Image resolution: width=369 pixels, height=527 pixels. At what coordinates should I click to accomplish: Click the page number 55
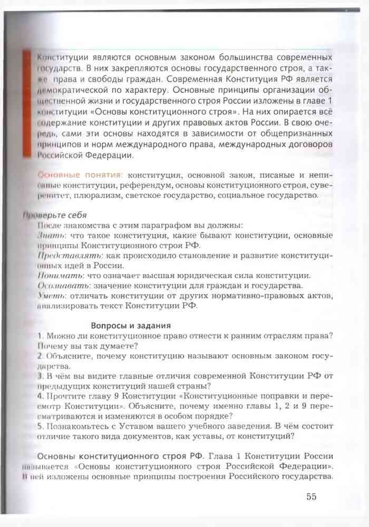click(x=311, y=496)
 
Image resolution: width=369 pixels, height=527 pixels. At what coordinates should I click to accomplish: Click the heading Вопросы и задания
click(x=131, y=326)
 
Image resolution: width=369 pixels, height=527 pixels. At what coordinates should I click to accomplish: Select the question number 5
click(x=40, y=426)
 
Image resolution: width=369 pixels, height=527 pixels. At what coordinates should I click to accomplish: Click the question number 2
click(x=40, y=356)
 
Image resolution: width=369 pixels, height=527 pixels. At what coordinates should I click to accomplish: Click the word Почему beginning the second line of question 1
click(x=53, y=346)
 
